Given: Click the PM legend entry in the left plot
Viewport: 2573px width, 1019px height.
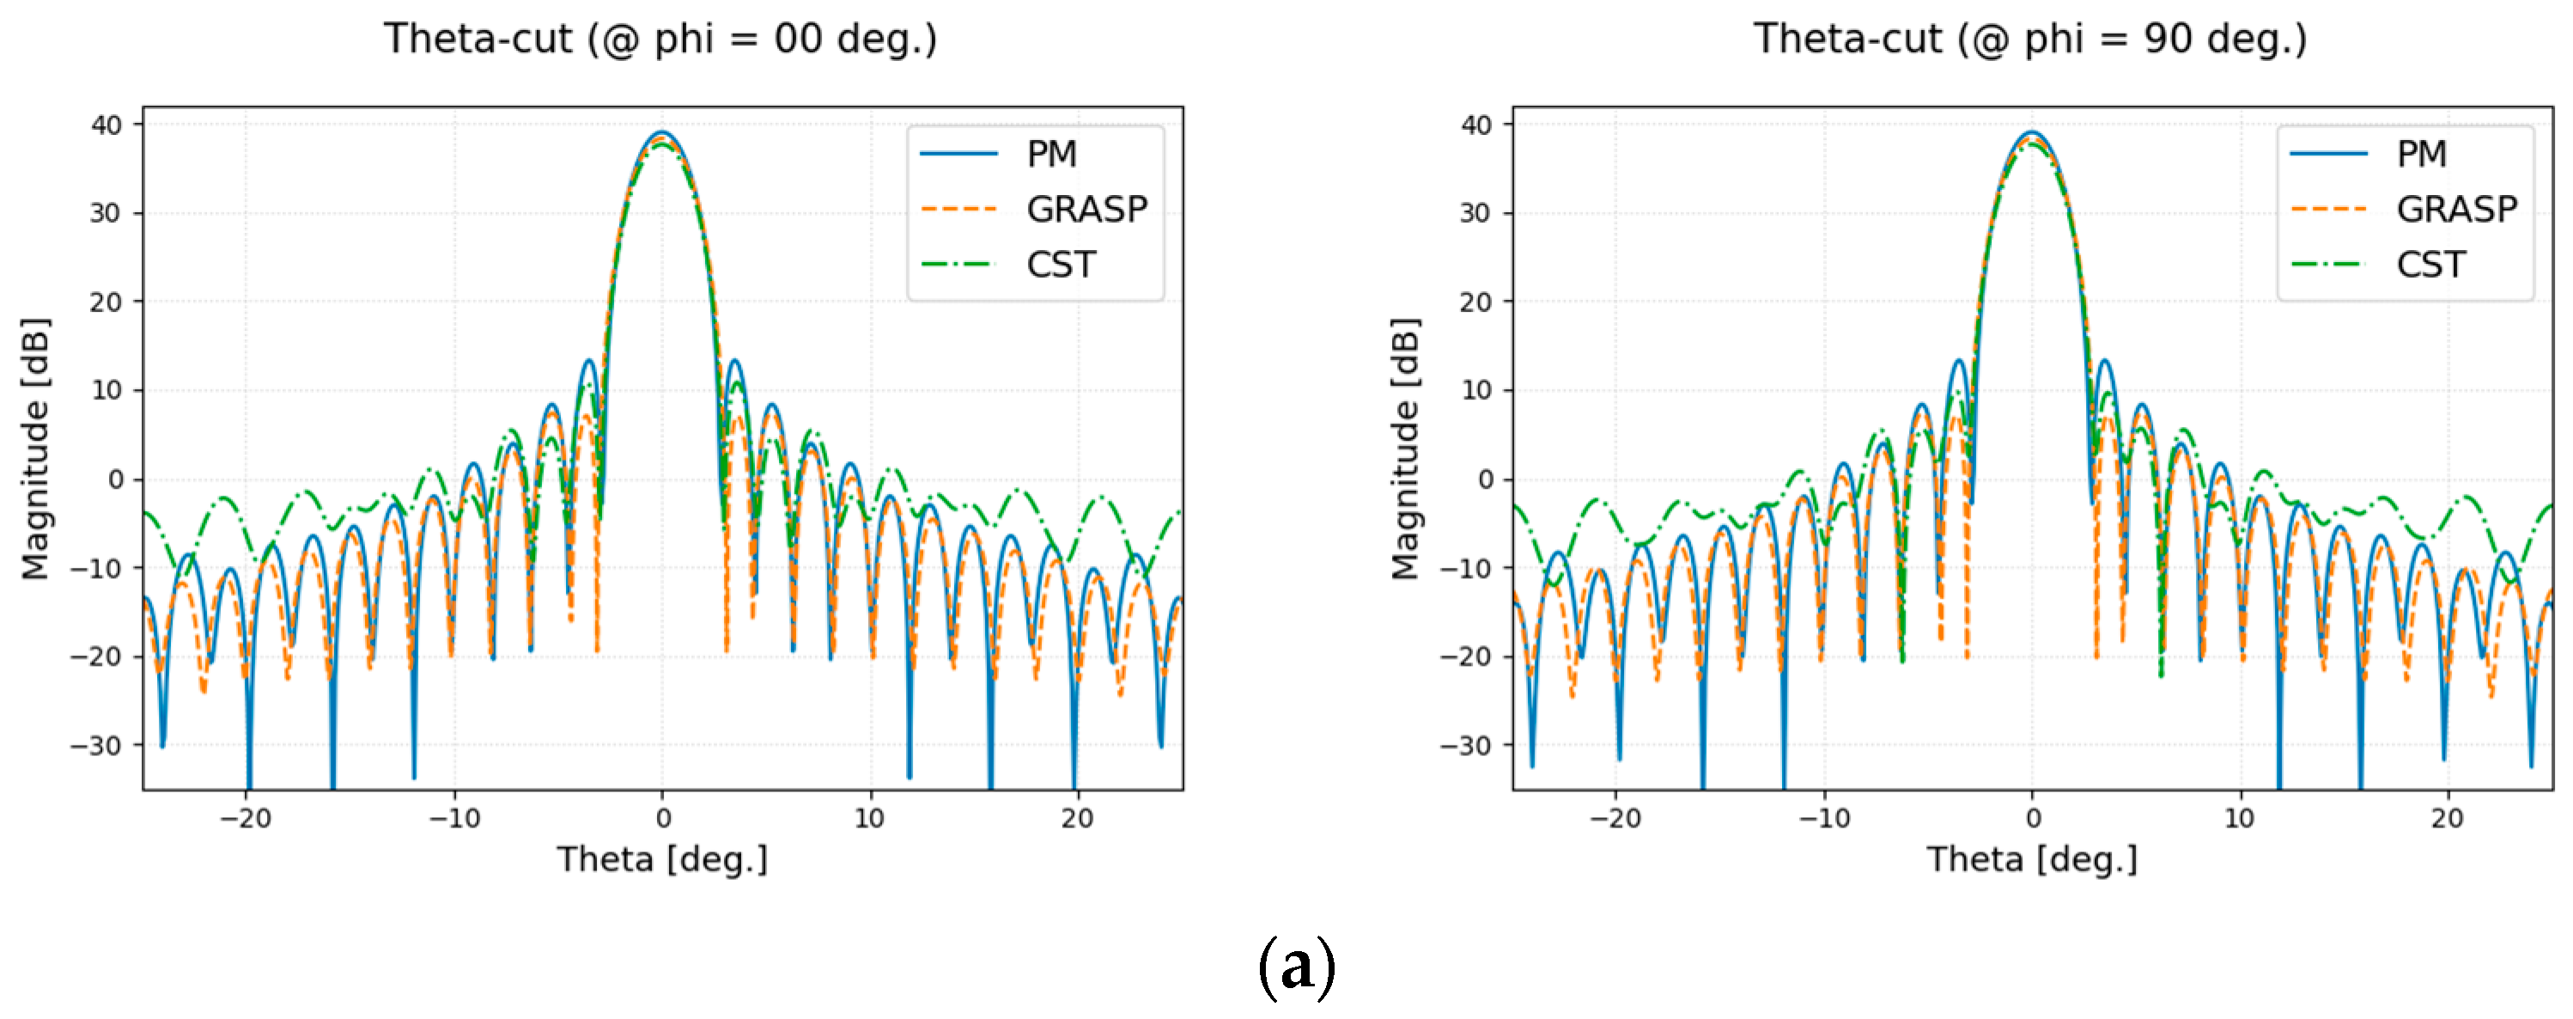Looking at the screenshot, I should tap(1051, 154).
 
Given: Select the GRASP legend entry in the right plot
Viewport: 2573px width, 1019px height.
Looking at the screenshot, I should tap(2455, 209).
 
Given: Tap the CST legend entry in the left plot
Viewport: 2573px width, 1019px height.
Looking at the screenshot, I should tap(1060, 265).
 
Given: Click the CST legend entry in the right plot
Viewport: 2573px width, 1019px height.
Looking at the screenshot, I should tap(2430, 265).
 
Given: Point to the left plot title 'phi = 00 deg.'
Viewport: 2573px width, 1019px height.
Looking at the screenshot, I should tap(660, 39).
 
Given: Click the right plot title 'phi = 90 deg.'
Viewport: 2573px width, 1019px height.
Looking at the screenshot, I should tap(2029, 39).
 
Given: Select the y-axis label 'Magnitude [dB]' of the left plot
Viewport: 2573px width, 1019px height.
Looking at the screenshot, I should tap(35, 448).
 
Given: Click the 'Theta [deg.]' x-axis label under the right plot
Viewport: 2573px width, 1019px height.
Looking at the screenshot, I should tap(2032, 859).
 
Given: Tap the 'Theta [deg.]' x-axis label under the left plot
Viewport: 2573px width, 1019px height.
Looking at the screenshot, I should tap(662, 859).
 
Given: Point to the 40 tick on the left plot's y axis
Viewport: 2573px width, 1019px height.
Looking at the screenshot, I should tap(106, 125).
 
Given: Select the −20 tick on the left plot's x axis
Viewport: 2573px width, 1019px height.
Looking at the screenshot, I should tap(246, 818).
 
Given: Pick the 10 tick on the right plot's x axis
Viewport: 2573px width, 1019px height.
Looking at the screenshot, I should tap(2240, 818).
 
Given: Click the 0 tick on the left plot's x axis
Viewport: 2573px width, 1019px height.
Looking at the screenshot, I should tap(663, 818).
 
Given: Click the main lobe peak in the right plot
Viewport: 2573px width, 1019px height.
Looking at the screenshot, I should tap(2032, 133).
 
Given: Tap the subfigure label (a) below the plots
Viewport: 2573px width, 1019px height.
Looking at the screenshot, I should tap(1295, 966).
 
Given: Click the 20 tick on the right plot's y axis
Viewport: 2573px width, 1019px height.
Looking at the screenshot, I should tap(1475, 302).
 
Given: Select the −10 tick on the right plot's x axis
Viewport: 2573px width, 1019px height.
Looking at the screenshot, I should tap(1824, 818).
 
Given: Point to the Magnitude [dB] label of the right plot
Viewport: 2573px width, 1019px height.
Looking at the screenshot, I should tap(1405, 448).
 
